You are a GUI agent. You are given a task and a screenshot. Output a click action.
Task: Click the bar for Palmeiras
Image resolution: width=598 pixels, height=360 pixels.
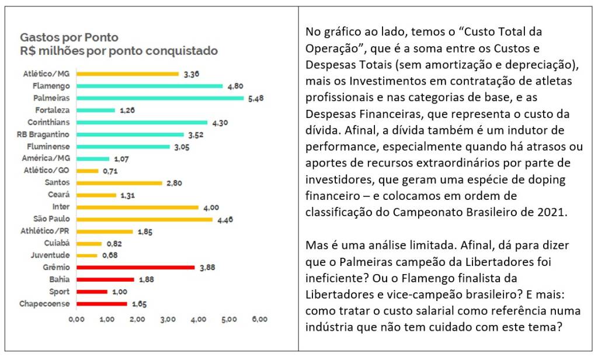160,98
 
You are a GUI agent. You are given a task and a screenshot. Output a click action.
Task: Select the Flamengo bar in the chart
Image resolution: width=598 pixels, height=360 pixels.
149,86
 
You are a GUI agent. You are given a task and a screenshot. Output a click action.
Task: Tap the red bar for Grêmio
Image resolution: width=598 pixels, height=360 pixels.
135,267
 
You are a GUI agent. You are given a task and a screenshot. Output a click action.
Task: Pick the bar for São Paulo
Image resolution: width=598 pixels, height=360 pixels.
144,219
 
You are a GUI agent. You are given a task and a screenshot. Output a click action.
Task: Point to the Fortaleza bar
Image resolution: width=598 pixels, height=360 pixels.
96,110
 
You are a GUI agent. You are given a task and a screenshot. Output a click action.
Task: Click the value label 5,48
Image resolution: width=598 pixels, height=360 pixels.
256,98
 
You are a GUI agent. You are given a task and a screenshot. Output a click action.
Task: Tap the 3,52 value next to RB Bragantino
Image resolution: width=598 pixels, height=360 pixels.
195,134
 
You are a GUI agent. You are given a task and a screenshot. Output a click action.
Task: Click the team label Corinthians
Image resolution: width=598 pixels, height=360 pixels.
48,122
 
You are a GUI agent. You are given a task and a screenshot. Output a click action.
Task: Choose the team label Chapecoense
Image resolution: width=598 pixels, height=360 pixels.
44,303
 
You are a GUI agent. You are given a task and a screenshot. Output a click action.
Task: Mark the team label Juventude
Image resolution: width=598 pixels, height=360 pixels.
51,255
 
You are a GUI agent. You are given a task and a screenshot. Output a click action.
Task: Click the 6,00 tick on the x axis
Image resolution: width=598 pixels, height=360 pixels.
259,319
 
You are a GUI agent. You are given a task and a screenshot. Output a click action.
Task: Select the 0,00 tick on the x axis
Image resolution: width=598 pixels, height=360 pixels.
76,319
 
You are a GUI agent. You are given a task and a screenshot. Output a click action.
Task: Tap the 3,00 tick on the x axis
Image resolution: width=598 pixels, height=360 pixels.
168,319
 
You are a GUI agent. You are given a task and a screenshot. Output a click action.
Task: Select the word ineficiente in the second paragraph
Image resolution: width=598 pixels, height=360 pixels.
333,277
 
